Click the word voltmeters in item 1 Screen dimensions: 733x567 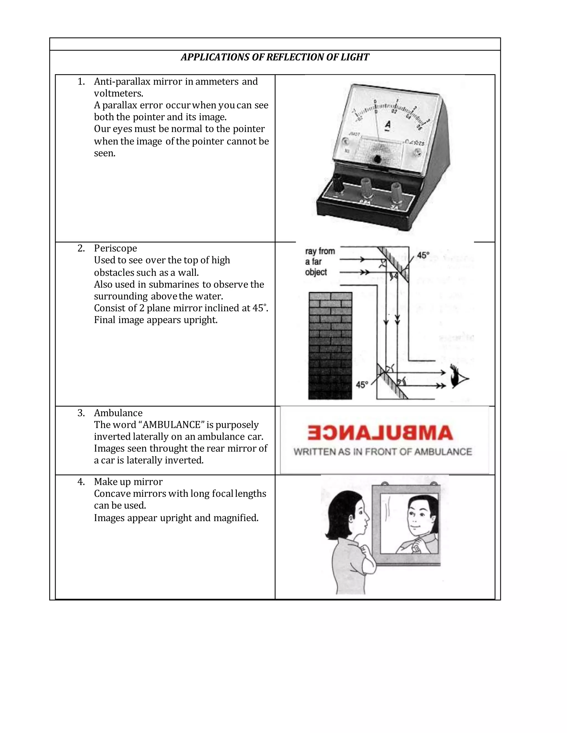[118, 93]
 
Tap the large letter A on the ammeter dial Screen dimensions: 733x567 [388, 124]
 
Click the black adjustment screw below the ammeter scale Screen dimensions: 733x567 [377, 159]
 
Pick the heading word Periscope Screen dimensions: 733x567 [115, 248]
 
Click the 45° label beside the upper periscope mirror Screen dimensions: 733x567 [423, 255]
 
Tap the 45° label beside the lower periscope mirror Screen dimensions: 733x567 [362, 385]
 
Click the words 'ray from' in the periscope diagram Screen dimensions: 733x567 [320, 251]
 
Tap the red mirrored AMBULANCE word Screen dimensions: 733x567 [380, 433]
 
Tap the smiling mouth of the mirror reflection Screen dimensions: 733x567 [416, 527]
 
